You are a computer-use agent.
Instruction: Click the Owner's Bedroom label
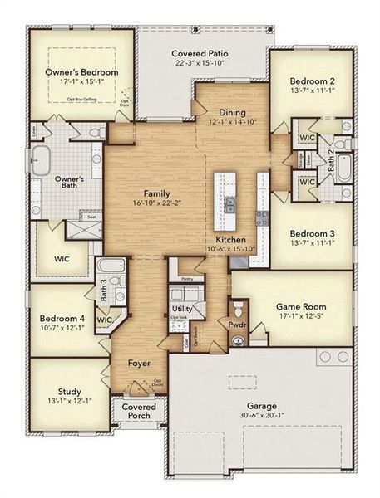point(81,72)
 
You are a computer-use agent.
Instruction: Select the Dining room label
point(232,113)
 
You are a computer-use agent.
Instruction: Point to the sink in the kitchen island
point(229,202)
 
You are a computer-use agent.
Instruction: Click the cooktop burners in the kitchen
point(264,217)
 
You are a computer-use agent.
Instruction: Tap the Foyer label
point(139,364)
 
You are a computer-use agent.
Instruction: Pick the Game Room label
point(299,305)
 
